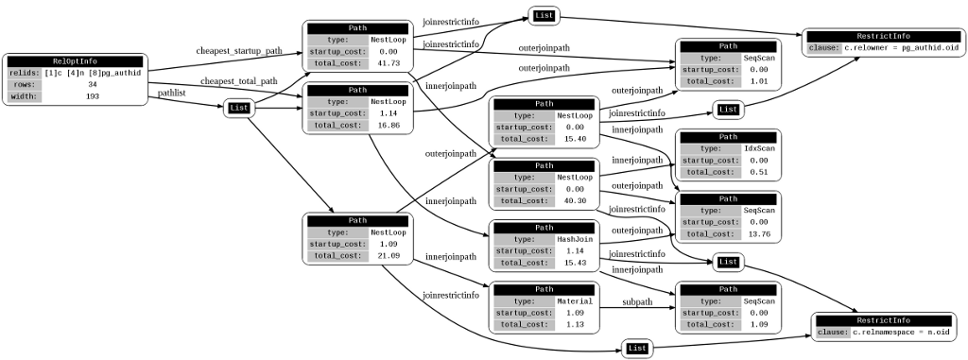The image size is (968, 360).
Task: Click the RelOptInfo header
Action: (76, 61)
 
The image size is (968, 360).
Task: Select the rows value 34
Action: (93, 85)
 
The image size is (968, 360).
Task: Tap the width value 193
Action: (93, 96)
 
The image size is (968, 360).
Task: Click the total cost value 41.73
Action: (389, 63)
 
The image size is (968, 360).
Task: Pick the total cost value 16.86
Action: (389, 126)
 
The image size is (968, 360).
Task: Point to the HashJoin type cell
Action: (575, 239)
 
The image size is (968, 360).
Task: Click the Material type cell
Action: (575, 301)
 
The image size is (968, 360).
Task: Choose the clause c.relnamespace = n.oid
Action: (901, 333)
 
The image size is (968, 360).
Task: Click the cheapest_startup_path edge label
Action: (239, 51)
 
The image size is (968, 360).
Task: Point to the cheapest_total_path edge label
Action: (238, 81)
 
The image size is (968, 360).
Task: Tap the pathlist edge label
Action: (171, 93)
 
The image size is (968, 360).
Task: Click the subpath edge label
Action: (636, 302)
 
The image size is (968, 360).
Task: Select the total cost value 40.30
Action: (575, 201)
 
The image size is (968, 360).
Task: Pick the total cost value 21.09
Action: (389, 256)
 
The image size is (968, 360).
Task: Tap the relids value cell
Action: (93, 73)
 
